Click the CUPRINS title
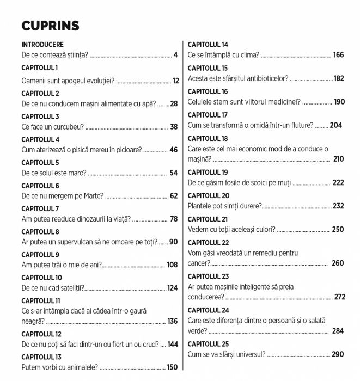click(x=50, y=26)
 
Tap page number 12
click(x=175, y=81)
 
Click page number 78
click(x=174, y=219)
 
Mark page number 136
click(x=172, y=321)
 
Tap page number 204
click(x=336, y=125)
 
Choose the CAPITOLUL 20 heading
click(x=209, y=195)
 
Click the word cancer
click(x=198, y=263)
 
